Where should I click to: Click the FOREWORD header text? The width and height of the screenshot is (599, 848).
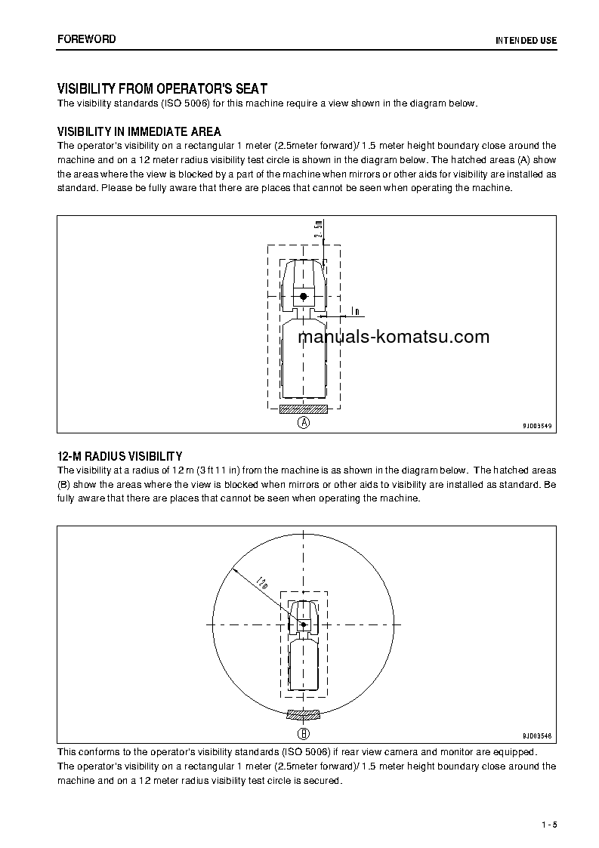[87, 39]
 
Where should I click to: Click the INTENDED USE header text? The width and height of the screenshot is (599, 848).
[526, 40]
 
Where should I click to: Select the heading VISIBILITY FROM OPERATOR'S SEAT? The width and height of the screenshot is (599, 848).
[162, 89]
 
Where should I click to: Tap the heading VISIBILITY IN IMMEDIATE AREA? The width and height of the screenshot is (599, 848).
[140, 131]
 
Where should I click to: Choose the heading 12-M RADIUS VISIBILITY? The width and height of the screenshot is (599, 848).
[120, 456]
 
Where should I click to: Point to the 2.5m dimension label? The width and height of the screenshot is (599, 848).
[320, 229]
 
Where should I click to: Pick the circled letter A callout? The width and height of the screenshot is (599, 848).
[304, 422]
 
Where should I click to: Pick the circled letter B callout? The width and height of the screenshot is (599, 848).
[304, 732]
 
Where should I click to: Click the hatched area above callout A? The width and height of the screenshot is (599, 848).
[304, 409]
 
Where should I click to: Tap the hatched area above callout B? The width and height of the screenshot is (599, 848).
[304, 714]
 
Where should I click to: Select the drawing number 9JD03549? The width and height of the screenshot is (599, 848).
[537, 426]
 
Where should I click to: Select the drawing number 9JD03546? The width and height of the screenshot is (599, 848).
[537, 735]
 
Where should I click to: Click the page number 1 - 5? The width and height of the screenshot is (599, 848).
[549, 824]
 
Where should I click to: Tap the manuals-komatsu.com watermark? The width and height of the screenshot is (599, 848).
[394, 338]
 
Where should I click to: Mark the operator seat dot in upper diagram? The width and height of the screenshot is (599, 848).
[304, 297]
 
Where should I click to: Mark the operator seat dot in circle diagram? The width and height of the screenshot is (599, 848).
[304, 624]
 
